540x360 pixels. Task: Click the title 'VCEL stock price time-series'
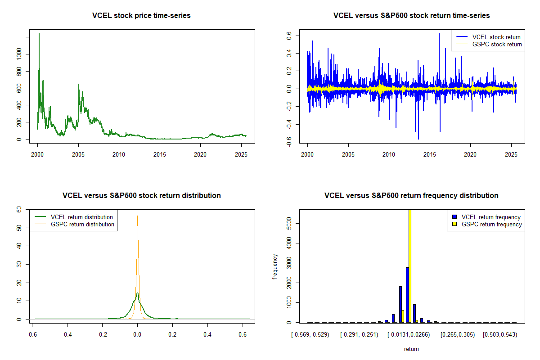click(x=141, y=16)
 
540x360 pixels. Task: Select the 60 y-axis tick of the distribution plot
click(x=19, y=209)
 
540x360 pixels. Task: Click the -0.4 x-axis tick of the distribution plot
click(x=67, y=335)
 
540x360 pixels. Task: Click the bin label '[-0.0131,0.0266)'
click(x=409, y=335)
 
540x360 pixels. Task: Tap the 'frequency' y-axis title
click(x=275, y=266)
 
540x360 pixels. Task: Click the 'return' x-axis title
click(x=411, y=349)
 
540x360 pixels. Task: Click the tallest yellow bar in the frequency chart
click(x=410, y=265)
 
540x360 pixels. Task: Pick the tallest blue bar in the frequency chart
click(x=407, y=295)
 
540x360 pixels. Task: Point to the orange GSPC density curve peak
click(x=137, y=216)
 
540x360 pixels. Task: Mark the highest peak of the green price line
click(x=39, y=34)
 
